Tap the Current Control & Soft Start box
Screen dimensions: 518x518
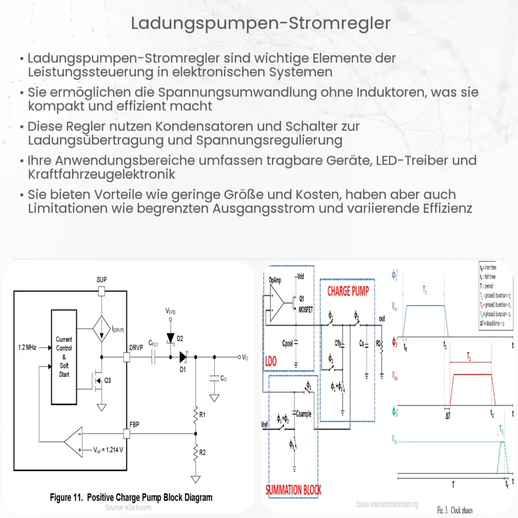[64, 357]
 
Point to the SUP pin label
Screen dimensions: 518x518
[102, 280]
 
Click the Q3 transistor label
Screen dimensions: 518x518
[108, 380]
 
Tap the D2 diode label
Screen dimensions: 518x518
[180, 338]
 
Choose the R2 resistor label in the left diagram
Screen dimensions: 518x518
[203, 453]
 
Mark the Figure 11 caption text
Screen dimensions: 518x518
[131, 497]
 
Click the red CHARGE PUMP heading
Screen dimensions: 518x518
[348, 291]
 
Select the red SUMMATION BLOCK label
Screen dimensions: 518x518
[293, 490]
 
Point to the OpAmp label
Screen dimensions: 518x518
[275, 279]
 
